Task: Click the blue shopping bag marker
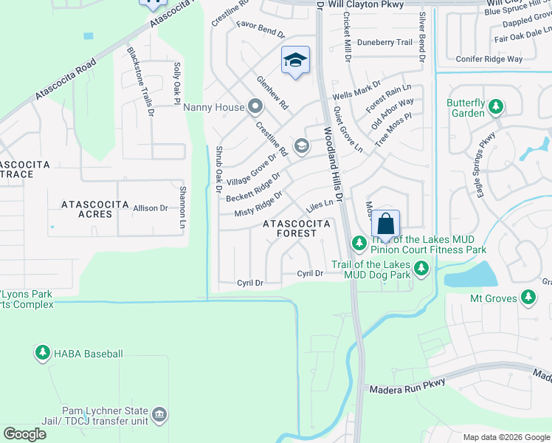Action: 385,223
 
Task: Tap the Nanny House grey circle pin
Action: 255,107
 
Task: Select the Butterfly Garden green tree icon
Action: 495,108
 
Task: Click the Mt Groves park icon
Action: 528,298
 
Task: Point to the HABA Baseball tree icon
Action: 43,354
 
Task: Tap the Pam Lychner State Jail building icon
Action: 159,416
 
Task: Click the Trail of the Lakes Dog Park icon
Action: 421,269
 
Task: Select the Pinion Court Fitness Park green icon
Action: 359,243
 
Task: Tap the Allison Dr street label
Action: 150,209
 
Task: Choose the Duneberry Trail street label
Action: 384,42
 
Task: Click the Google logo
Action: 24,434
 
